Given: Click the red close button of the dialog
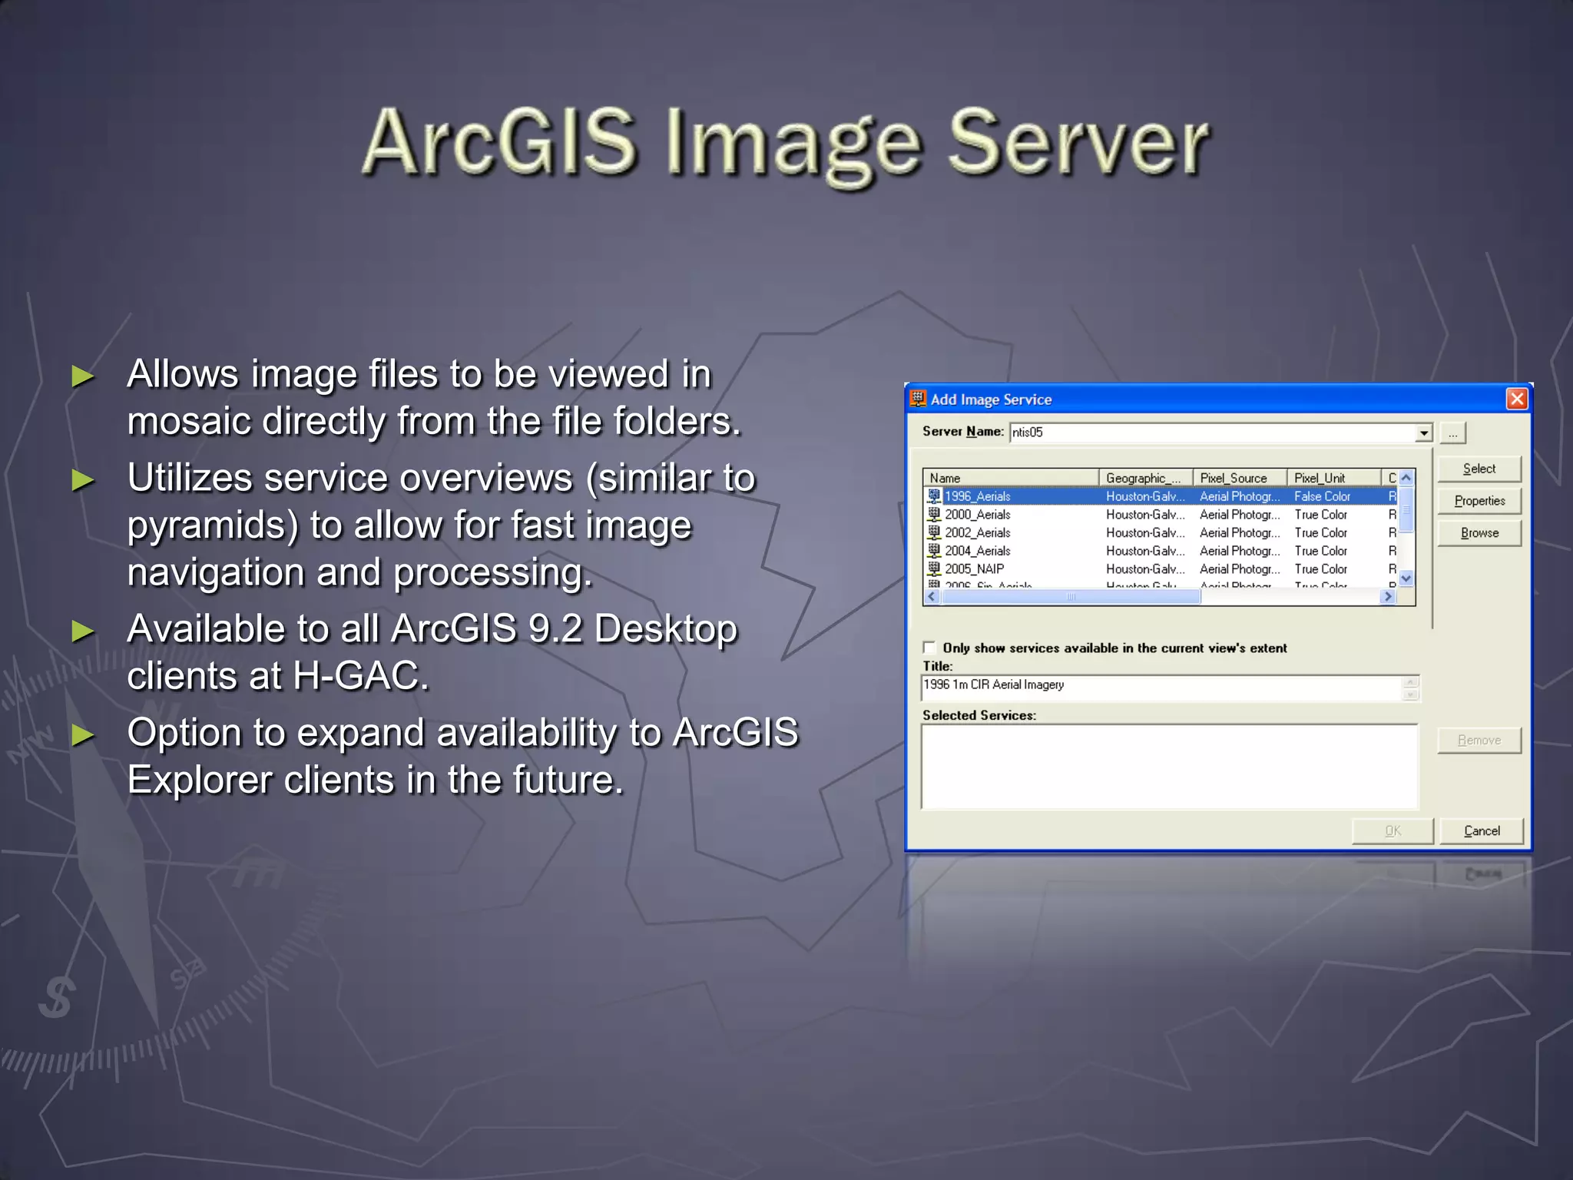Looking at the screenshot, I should point(1516,399).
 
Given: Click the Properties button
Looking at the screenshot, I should point(1479,501).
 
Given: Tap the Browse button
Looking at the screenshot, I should point(1479,533).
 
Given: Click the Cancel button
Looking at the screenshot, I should point(1482,831).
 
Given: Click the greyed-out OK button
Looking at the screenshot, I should point(1393,831).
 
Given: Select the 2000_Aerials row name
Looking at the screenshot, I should point(977,515).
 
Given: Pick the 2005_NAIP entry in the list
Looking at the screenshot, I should point(974,569).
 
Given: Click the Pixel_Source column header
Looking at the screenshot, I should point(1234,478).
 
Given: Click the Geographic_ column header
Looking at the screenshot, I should point(1143,478).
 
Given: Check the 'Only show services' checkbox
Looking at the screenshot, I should point(929,648).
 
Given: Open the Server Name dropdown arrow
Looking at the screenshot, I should point(1424,433).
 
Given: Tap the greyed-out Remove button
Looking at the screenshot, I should point(1479,741).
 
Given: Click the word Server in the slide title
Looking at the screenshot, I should point(1078,143).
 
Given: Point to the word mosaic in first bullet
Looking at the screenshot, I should point(188,422).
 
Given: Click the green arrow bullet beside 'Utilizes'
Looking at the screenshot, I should point(83,480).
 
